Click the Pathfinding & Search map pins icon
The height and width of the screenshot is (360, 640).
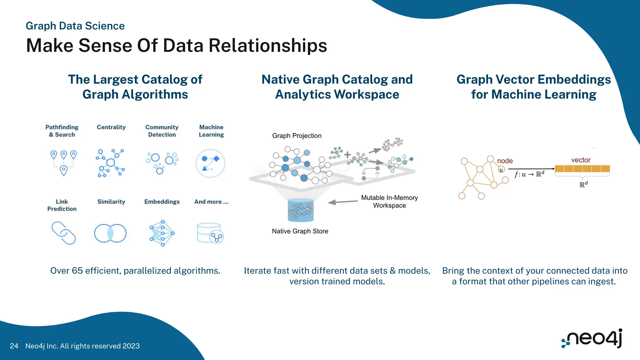tap(63, 162)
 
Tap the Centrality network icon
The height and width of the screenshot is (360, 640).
tap(110, 163)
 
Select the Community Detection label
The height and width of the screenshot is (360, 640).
tap(162, 131)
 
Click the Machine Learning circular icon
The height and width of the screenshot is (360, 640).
tap(210, 163)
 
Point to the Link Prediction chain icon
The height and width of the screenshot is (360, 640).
tap(63, 233)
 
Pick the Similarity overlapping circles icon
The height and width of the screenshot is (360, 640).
tap(110, 233)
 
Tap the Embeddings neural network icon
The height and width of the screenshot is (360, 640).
tap(162, 233)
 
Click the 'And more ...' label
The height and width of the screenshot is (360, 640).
tap(211, 202)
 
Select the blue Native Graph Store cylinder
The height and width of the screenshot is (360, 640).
tap(301, 210)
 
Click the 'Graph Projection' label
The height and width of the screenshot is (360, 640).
tap(297, 136)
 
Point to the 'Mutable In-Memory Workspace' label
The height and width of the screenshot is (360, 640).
tap(389, 202)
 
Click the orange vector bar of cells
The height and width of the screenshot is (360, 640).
tap(582, 169)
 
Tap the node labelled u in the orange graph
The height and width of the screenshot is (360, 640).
tap(501, 170)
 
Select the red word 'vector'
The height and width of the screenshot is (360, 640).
tap(581, 160)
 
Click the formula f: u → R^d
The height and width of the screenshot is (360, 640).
tap(529, 174)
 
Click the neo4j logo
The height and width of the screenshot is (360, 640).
tap(592, 338)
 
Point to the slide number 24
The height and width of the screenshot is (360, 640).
tap(14, 346)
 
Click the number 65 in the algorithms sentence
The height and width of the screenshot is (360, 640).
tap(77, 271)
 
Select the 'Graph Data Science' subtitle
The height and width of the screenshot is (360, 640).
tap(75, 26)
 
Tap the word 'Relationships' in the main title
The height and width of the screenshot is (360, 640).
tap(267, 45)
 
